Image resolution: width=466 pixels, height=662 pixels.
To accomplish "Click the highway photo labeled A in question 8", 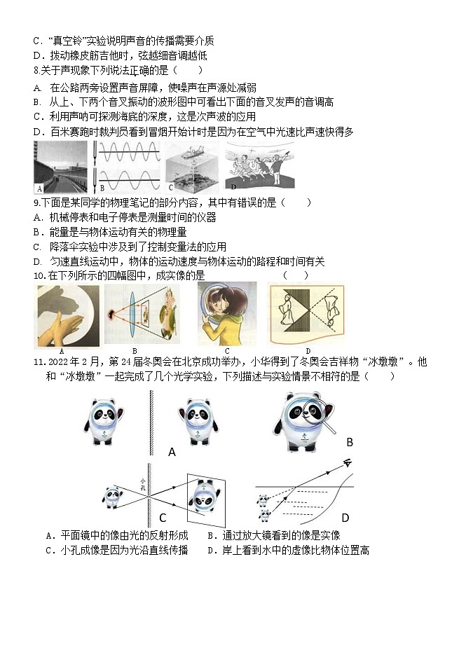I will point(61,167).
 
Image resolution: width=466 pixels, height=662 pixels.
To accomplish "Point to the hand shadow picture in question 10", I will point(66,315).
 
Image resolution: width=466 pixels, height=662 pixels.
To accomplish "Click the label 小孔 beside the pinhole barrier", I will point(142,484).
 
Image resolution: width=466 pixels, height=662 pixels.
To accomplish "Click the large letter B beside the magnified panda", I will point(350,442).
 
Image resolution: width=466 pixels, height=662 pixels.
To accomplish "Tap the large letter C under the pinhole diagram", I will point(163,518).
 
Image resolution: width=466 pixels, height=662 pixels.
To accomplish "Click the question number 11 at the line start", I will point(39,362).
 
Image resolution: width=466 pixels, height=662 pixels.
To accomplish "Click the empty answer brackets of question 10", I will point(295,275).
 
